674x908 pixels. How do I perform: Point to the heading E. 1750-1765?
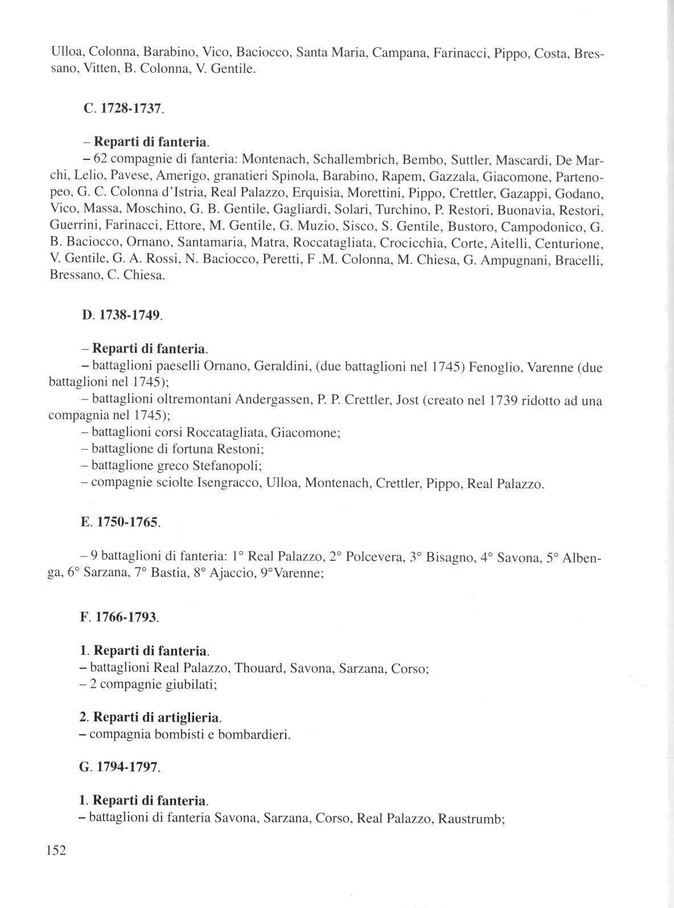120,522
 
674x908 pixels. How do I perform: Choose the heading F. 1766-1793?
119,617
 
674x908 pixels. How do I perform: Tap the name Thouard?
258,668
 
